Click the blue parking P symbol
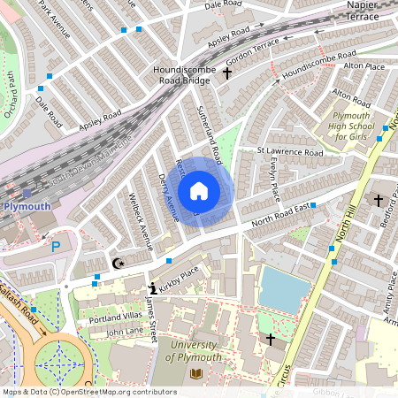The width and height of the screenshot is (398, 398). click(57, 247)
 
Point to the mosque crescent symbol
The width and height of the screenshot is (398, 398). click(119, 263)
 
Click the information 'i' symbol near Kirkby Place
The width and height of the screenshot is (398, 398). click(151, 287)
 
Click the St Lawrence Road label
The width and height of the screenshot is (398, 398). click(290, 151)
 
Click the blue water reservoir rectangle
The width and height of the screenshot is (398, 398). click(280, 290)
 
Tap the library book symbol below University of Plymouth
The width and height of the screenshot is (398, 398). click(196, 374)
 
